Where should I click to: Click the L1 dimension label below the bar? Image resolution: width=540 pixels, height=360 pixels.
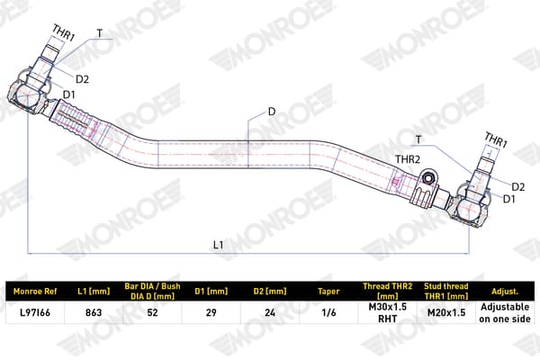tap(219, 245)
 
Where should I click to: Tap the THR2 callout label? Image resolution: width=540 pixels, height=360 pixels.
tap(408, 159)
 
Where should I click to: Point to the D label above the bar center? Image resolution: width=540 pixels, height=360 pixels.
tap(272, 112)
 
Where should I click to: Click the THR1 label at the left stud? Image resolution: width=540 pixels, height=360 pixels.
tap(64, 32)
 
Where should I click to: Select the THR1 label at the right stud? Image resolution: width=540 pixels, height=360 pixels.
tap(496, 139)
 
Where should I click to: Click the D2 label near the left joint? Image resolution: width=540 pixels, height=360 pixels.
tap(82, 79)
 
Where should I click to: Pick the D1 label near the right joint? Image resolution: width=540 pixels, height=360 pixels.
tap(509, 199)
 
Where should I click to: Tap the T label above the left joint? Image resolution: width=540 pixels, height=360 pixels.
tap(100, 33)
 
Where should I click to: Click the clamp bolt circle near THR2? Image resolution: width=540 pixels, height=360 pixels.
tap(428, 178)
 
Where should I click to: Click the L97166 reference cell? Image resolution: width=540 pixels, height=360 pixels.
tap(35, 312)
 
